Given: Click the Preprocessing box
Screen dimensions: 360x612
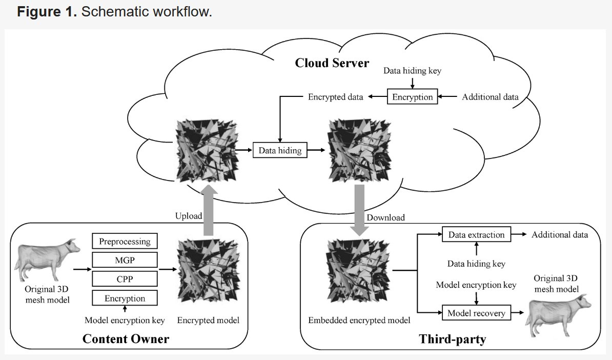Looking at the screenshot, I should (x=125, y=241).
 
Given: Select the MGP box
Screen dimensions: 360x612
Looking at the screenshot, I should (x=125, y=260).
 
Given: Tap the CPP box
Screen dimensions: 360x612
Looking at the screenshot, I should (x=125, y=279).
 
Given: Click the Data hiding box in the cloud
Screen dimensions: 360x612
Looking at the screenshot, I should (x=280, y=151).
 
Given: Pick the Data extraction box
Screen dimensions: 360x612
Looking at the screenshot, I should (x=476, y=235).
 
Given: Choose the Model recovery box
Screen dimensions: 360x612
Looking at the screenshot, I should (x=476, y=313).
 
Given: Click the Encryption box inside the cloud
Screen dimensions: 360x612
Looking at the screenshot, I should (x=412, y=97).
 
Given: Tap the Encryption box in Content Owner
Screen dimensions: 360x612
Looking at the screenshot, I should (x=125, y=298).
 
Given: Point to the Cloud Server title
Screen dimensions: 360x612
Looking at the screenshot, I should (x=332, y=63).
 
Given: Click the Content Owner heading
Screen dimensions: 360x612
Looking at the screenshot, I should (x=126, y=338).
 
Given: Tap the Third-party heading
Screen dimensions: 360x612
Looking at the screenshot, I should (x=452, y=338).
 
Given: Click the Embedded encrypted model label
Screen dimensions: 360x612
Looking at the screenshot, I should (x=359, y=321).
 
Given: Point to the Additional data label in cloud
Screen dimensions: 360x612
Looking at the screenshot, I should (x=490, y=97).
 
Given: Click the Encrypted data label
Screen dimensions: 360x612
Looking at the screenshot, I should (x=335, y=97).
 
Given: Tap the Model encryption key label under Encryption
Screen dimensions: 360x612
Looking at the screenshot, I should (x=125, y=321).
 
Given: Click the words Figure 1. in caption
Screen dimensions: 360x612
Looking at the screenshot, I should (x=47, y=12).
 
